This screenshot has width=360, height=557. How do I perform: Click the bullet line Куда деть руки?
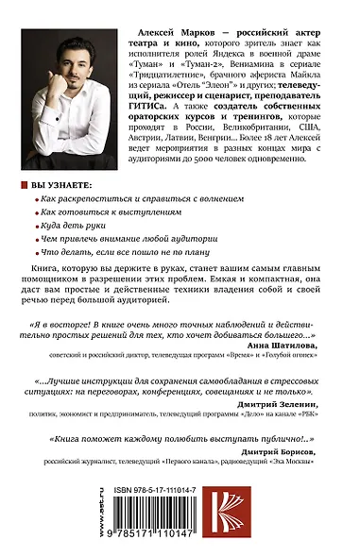coord(77,227)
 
